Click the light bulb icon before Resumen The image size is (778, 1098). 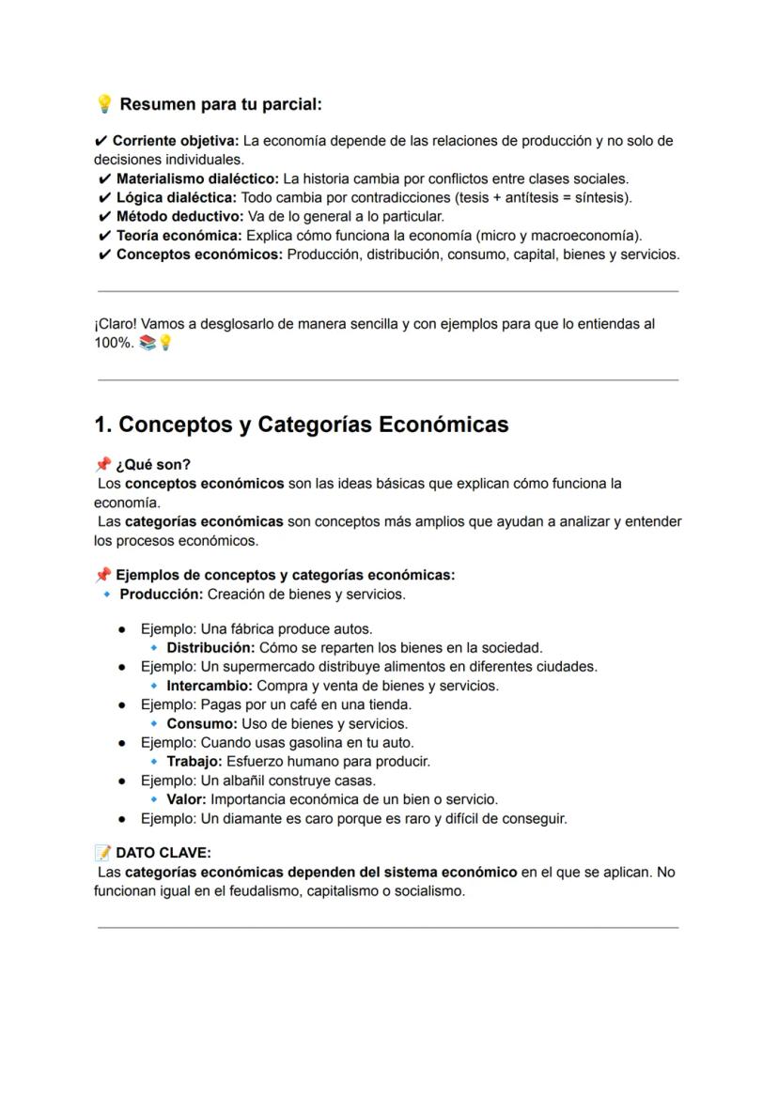click(104, 103)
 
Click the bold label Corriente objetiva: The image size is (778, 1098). click(175, 141)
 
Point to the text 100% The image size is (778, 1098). click(113, 343)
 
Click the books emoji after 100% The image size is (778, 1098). click(147, 343)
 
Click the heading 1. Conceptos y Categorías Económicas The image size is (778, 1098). click(301, 425)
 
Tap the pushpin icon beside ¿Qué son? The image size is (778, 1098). click(102, 465)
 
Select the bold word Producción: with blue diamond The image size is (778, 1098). click(161, 595)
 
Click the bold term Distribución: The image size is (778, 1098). click(210, 647)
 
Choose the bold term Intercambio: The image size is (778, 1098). click(210, 686)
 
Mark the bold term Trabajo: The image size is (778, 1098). click(194, 762)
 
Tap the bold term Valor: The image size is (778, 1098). click(187, 799)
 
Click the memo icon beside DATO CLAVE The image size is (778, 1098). click(102, 853)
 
